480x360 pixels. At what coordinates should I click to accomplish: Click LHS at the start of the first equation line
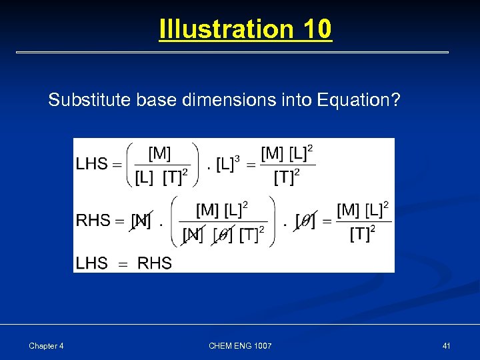pos(91,164)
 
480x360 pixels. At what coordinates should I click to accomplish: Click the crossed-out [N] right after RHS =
pos(141,221)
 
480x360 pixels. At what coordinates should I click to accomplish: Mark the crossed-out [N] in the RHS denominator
pos(193,235)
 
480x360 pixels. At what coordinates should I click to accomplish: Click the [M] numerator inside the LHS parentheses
pos(159,153)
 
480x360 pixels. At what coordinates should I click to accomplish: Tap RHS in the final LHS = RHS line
pos(154,263)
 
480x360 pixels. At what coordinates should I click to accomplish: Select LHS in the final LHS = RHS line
pos(91,263)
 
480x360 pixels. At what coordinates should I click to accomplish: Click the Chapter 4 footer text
pos(46,345)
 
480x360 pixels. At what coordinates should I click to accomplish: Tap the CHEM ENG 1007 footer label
pos(240,345)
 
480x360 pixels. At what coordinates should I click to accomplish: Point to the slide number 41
pos(446,345)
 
